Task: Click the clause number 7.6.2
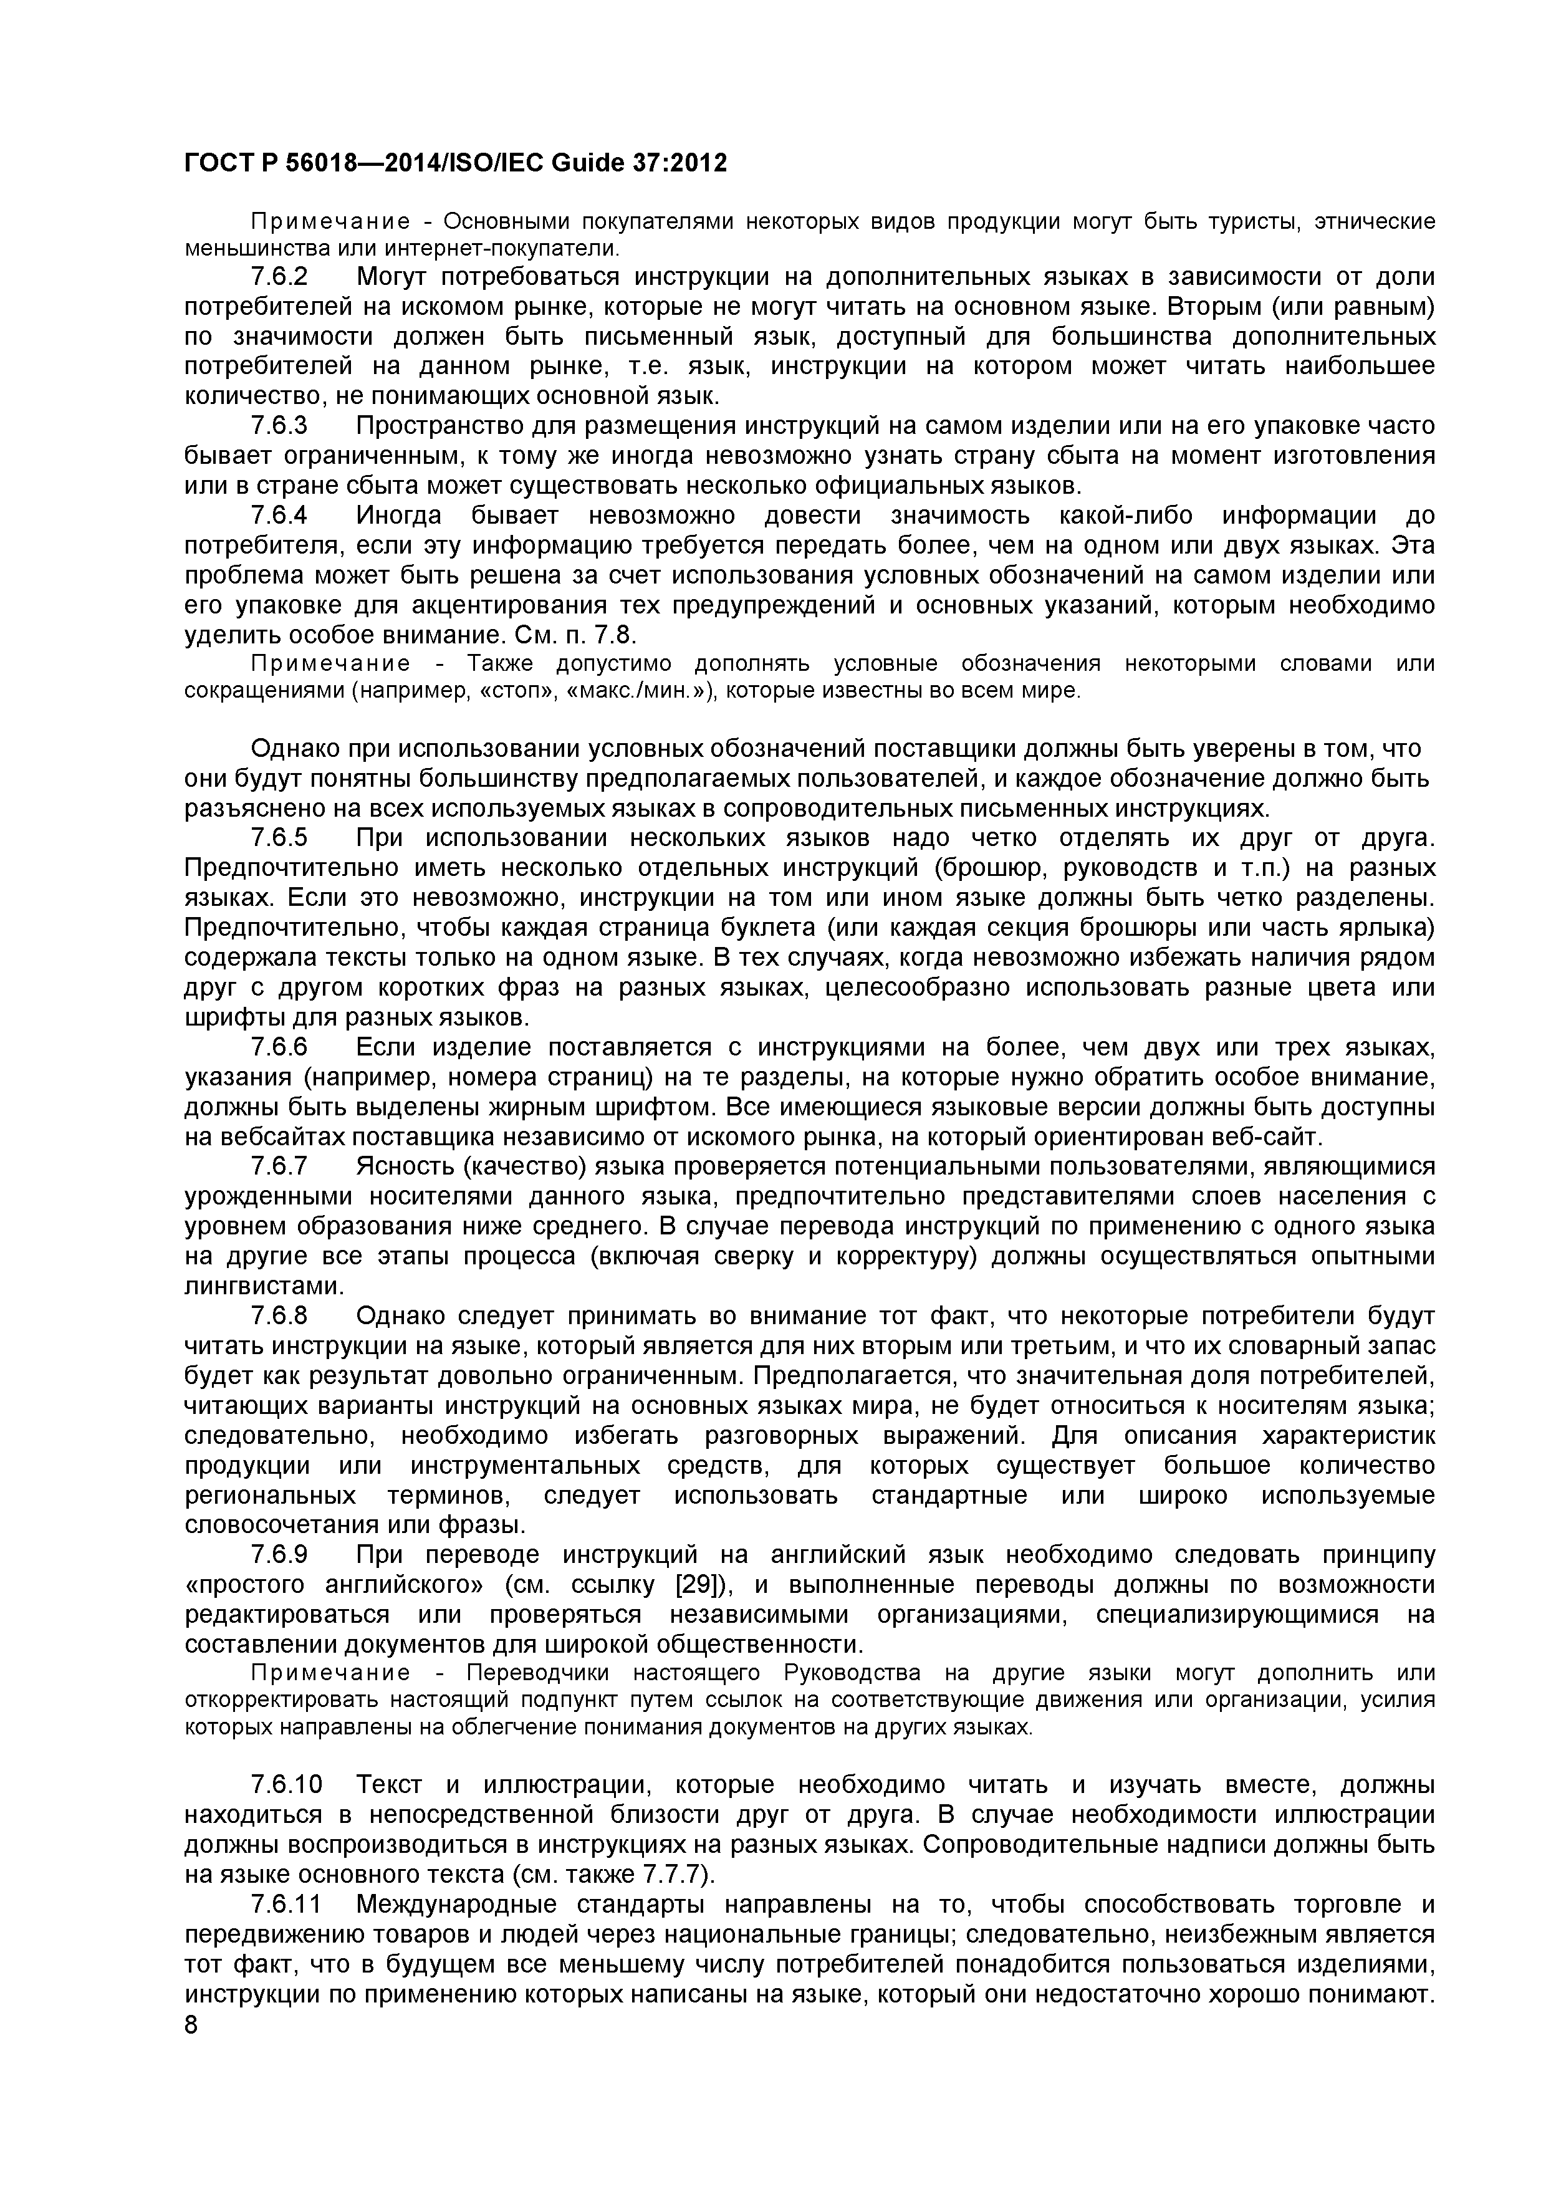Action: click(x=279, y=277)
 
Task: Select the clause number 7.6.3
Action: click(x=279, y=426)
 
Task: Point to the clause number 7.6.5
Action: click(x=279, y=839)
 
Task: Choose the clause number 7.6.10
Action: click(x=287, y=1784)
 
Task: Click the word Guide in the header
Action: click(x=585, y=164)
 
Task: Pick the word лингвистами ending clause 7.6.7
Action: click(x=263, y=1286)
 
